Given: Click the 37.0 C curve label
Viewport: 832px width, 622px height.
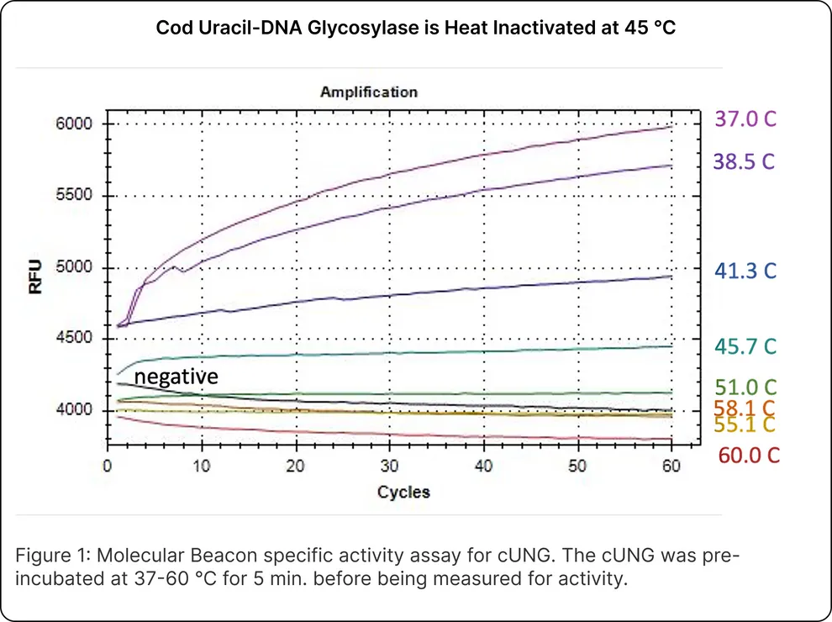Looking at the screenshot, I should point(745,119).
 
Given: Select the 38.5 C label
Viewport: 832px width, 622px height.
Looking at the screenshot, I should point(745,161).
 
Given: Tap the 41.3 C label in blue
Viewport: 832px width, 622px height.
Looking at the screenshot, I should point(745,270).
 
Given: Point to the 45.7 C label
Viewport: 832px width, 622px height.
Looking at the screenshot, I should point(745,345).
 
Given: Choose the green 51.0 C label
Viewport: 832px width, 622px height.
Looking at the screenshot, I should point(745,387).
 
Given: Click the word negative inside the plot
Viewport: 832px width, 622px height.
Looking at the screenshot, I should point(176,377).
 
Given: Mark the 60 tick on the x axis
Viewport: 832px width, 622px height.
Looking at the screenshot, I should point(671,466).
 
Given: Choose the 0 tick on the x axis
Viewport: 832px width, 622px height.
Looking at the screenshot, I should point(107,466).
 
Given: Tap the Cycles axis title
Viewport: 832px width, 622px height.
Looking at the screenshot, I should point(403,492).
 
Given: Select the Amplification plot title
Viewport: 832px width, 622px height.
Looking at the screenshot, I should point(368,92).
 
